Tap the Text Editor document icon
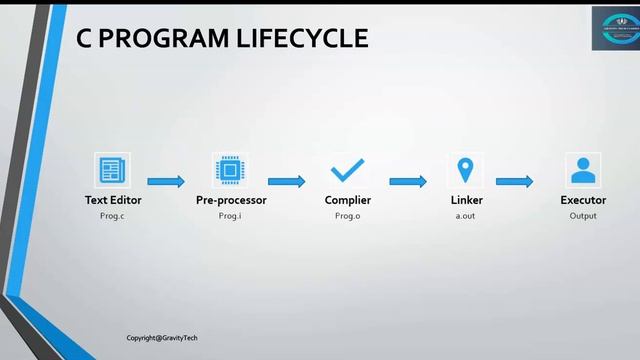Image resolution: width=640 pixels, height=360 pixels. (x=112, y=170)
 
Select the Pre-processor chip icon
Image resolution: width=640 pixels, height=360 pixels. (x=230, y=170)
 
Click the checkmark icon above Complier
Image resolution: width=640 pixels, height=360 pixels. (x=347, y=170)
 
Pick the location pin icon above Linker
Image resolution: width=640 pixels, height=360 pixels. (x=465, y=170)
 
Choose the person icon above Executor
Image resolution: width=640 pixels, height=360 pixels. (x=582, y=170)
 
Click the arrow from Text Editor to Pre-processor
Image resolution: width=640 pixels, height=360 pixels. (x=166, y=182)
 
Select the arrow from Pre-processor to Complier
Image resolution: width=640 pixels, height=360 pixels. (x=286, y=182)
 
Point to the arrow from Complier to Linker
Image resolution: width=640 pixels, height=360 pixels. (x=408, y=182)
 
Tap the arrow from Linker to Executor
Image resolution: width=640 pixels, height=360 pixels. (x=514, y=182)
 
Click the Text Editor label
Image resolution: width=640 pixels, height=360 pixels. (x=113, y=201)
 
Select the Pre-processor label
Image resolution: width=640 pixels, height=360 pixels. (x=231, y=201)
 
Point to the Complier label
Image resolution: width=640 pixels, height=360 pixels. (x=347, y=201)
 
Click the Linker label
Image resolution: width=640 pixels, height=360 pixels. (x=466, y=201)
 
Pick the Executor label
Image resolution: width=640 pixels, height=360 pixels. (x=583, y=201)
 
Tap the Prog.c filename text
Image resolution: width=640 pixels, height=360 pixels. (x=113, y=216)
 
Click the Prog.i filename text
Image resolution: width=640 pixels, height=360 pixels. (x=231, y=216)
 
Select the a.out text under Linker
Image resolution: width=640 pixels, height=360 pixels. (x=466, y=216)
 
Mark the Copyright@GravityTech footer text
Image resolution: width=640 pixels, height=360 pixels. (x=162, y=338)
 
